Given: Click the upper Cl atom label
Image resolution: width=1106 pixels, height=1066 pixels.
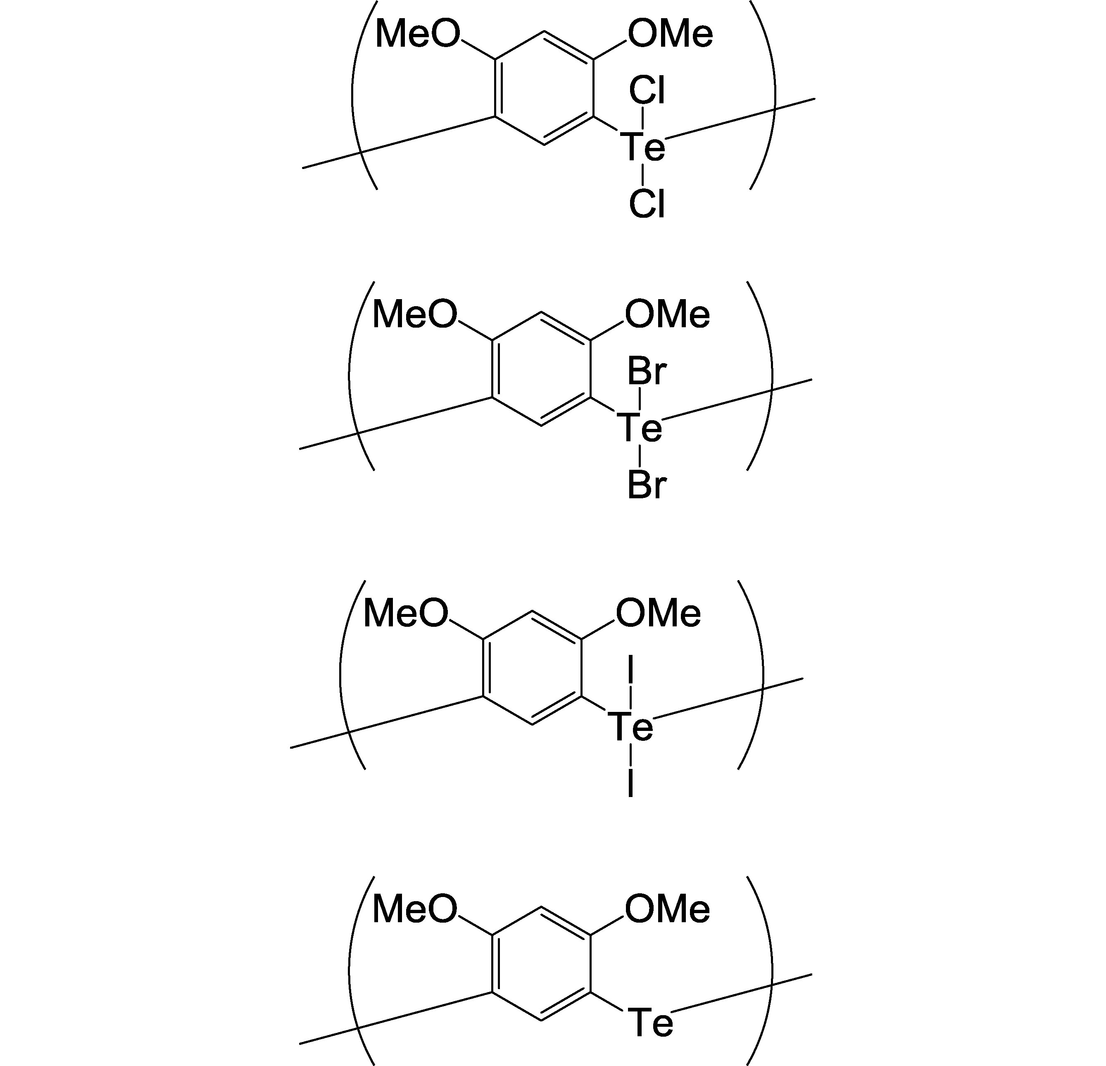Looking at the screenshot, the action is point(647,90).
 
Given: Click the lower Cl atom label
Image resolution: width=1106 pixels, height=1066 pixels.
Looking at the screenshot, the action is point(647,204).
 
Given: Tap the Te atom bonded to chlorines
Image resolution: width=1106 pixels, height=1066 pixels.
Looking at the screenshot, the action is point(643,147).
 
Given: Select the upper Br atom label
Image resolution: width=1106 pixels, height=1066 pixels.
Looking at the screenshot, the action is point(647,372).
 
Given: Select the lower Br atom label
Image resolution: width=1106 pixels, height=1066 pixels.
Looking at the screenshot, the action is point(647,485).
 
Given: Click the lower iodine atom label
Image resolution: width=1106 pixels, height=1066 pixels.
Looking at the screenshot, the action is point(630,783).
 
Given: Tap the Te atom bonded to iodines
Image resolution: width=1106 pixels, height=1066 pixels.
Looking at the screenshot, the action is point(630,727).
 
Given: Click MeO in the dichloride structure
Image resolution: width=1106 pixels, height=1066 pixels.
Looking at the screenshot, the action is point(418,33).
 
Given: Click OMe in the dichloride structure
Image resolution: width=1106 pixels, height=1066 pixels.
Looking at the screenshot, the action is point(671,33).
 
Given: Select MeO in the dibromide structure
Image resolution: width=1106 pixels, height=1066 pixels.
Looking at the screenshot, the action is point(415,314).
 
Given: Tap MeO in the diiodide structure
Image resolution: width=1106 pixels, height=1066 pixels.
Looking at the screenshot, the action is point(406,614).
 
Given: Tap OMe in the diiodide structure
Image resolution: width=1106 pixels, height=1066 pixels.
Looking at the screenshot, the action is point(658,614).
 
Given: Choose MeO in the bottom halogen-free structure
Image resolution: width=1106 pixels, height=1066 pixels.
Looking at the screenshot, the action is point(415,909).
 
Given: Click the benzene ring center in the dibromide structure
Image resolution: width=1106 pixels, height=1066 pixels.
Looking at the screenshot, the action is point(542,369).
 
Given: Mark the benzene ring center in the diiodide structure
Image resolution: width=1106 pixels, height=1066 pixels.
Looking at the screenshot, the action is point(533,668).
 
